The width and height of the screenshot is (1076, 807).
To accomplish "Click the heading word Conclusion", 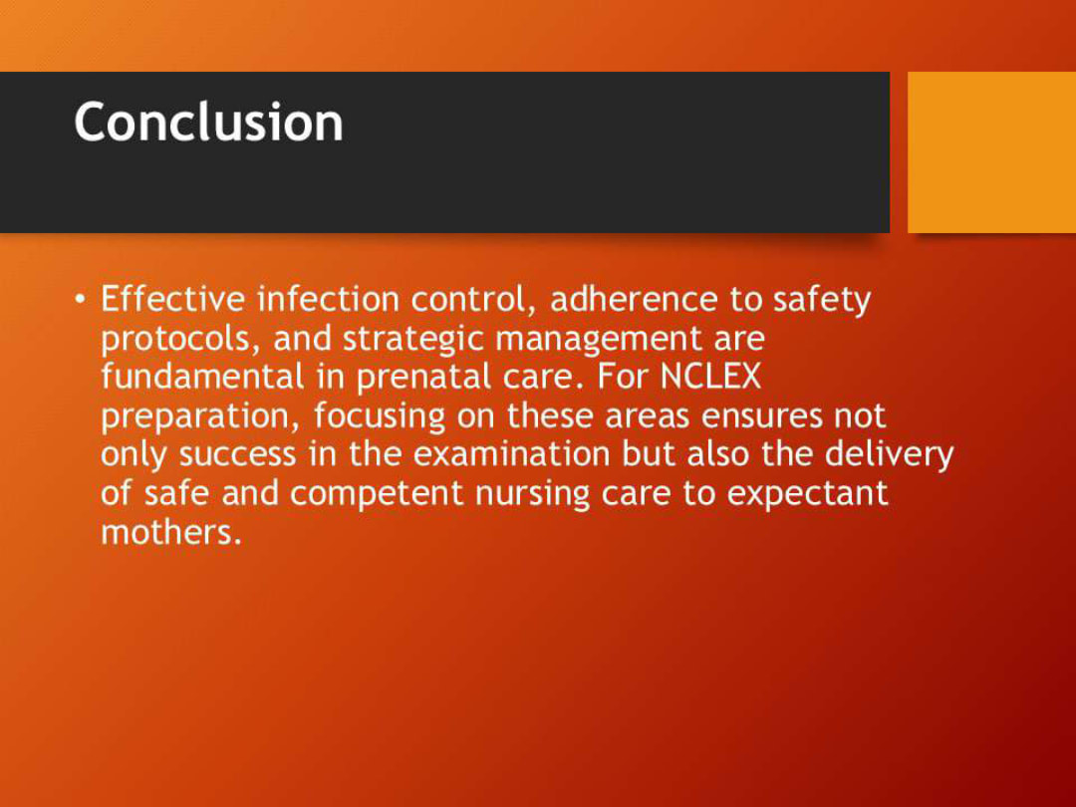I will [x=208, y=123].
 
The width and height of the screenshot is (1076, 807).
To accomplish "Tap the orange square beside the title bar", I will [x=991, y=151].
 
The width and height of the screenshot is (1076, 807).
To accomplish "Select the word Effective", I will [x=173, y=299].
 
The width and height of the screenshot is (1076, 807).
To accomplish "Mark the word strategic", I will [x=413, y=340].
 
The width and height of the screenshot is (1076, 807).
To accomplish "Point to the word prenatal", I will [x=421, y=378].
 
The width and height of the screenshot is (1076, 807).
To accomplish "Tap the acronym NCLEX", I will [x=710, y=377].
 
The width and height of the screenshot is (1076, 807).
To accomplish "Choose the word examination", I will [x=511, y=454].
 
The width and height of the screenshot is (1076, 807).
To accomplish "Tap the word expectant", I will [x=807, y=494].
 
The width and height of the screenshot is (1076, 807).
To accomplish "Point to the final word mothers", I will [x=170, y=532].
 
